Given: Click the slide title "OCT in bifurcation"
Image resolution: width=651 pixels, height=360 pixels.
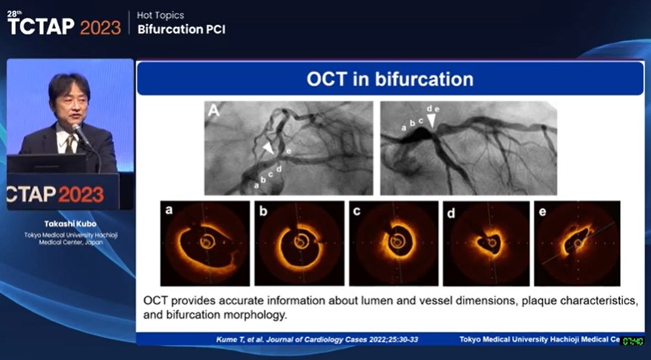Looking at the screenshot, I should pos(390,79).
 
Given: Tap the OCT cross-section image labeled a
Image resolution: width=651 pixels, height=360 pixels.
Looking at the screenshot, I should pos(205,242).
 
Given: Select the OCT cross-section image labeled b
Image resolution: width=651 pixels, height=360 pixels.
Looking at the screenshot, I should pos(299,242).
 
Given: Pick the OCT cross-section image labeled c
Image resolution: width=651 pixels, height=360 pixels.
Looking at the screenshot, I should pos(393,242).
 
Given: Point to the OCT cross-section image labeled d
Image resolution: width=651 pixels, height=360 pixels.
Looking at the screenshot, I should pos(487,242).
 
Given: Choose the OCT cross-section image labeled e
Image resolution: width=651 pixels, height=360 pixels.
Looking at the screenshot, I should pos(578,242).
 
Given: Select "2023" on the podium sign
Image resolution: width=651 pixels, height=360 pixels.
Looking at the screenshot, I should pos(81,194).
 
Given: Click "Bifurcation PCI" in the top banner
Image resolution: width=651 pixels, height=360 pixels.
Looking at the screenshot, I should pos(181,29).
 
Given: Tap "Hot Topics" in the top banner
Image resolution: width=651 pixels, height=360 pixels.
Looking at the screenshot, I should pos(161,15).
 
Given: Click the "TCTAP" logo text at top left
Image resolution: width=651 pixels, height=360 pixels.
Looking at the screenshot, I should pos(41,27).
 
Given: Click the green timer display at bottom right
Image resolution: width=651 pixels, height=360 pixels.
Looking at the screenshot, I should pos(633,342).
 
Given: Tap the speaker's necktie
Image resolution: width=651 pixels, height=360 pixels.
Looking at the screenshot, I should pos(71,143).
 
